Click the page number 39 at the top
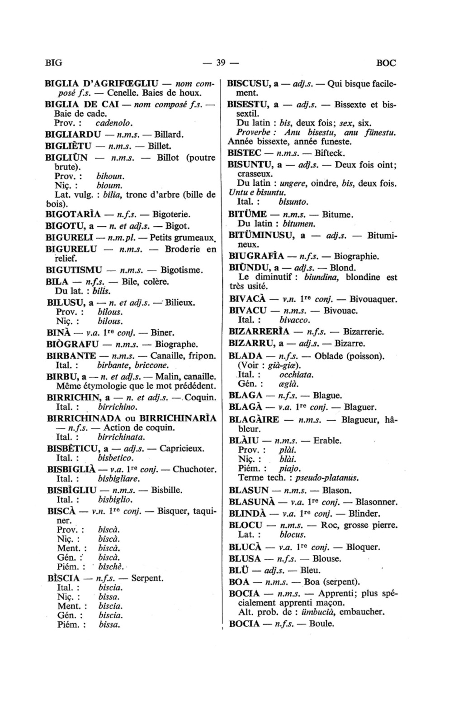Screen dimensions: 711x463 [221, 63]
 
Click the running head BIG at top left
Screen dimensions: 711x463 [53, 63]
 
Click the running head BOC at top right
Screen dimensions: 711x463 [386, 63]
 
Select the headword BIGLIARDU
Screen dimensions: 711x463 [73, 135]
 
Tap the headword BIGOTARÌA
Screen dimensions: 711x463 [73, 214]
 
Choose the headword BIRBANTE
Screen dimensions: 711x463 [71, 356]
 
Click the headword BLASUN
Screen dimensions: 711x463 [249, 490]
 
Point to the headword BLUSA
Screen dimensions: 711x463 [245, 559]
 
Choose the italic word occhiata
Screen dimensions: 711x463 [296, 375]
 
